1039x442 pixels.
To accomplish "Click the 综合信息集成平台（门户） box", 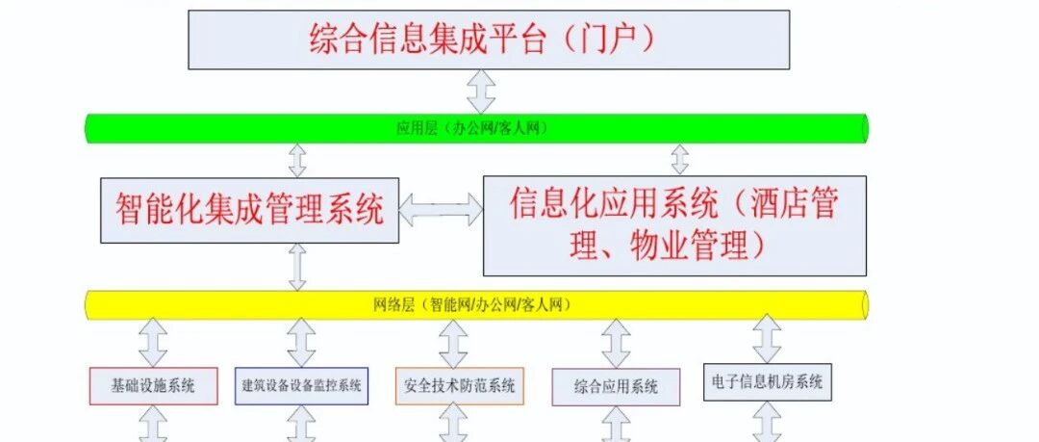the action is tap(489, 39).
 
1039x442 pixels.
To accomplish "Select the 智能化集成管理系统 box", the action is tap(250, 210).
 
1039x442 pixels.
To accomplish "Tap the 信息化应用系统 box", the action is tap(674, 225).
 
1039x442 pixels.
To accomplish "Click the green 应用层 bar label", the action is tap(472, 129).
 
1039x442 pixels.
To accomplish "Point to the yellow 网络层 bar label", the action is tap(472, 305).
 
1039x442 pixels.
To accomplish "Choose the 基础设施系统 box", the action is tap(153, 385).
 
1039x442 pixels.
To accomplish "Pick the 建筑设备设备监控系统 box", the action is tap(301, 385).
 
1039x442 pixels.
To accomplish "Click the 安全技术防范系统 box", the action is tap(459, 385).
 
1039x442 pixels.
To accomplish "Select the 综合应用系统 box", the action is tap(617, 387).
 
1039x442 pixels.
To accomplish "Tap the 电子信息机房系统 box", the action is tap(768, 382).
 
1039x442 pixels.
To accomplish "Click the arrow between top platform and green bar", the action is tap(481, 91).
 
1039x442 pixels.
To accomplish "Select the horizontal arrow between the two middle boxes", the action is tap(442, 210).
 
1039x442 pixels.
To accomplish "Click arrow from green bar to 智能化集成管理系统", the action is tap(297, 160).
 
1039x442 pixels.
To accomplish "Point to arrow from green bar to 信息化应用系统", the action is tap(680, 159).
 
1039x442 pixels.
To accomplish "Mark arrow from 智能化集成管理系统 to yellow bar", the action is tap(297, 267).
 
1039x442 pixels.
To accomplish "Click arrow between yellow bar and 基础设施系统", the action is tap(153, 343).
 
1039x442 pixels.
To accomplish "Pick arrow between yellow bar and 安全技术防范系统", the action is tap(453, 344).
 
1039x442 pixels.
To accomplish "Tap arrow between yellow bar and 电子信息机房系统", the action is tap(768, 339).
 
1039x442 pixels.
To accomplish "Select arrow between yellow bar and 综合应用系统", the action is tap(617, 344).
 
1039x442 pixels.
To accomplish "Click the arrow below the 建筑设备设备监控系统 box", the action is tap(301, 424).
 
